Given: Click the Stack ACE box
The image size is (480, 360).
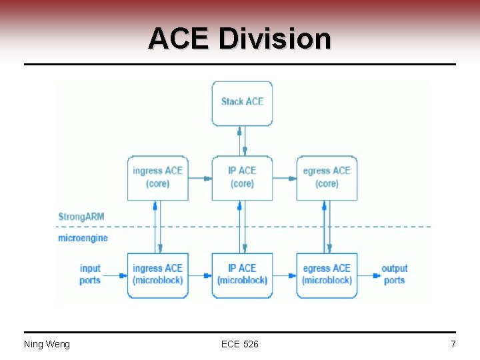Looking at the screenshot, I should tap(242, 103).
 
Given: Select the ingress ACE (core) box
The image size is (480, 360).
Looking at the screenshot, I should tap(157, 177).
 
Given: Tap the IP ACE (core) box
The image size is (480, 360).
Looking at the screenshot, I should tap(242, 177).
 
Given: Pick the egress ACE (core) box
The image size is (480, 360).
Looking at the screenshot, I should tap(327, 177).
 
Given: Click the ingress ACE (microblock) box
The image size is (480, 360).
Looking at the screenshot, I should tap(157, 275).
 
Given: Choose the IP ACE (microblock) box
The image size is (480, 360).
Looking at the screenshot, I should tap(242, 275).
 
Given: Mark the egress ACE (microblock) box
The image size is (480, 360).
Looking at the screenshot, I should tap(327, 275).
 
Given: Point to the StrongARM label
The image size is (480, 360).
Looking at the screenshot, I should tap(81, 217).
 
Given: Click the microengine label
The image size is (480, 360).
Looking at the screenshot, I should tap(83, 238).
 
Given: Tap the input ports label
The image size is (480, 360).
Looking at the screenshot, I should tap(90, 274).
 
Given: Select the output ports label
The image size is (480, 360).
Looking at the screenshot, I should tap(394, 274).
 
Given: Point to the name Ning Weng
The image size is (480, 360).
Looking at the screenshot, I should tap(47, 344).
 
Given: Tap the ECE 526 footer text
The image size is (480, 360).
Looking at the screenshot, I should tap(239, 344).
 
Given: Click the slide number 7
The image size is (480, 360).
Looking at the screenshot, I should tap(453, 344).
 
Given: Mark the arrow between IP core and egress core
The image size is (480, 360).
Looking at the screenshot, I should tap(284, 178).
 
